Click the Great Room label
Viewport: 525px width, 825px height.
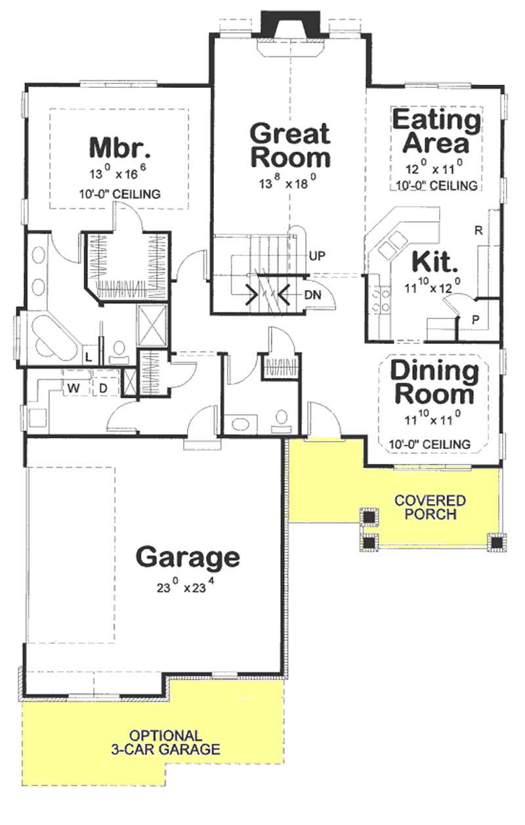[x=289, y=145]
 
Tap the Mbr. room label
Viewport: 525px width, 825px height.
[x=120, y=146]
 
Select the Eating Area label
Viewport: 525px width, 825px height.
[x=436, y=131]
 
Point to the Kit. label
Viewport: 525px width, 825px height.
[x=434, y=262]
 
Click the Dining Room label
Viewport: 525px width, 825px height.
[x=435, y=382]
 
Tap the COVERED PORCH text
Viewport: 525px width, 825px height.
[x=430, y=507]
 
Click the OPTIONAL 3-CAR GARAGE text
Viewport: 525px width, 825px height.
[x=165, y=742]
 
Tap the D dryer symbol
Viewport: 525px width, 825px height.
[x=104, y=389]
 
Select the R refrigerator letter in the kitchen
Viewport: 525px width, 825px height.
[x=478, y=230]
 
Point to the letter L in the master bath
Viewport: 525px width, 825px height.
[x=89, y=356]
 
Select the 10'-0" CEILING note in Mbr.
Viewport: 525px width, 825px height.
[x=119, y=194]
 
